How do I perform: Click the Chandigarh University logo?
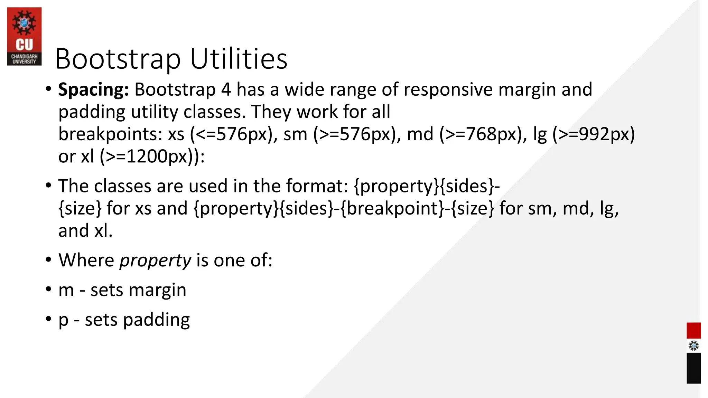click(24, 37)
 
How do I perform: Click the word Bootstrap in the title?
click(118, 59)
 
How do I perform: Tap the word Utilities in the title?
click(239, 59)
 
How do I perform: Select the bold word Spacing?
click(93, 89)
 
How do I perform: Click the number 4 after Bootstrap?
click(226, 89)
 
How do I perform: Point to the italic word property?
click(155, 260)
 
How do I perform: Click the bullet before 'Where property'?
click(48, 259)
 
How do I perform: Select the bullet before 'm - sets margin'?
click(48, 289)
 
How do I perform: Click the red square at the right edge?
click(693, 331)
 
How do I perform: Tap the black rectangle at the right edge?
click(693, 368)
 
